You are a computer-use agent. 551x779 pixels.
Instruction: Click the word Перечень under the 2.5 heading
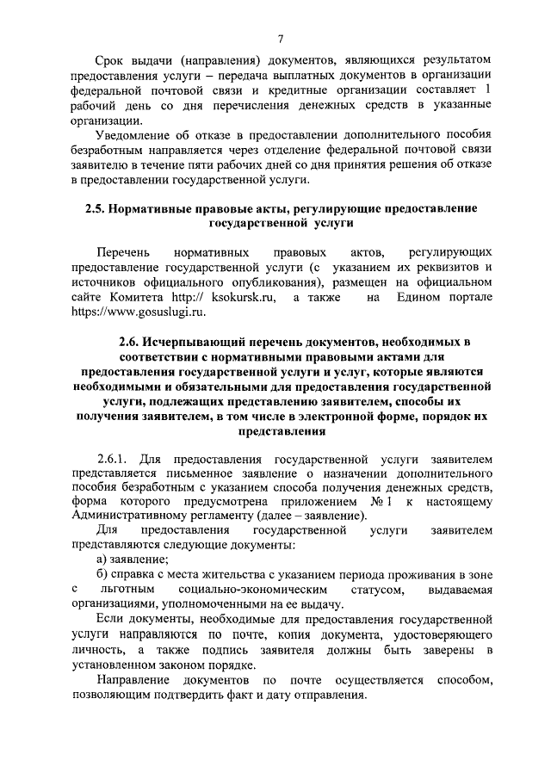(x=123, y=253)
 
